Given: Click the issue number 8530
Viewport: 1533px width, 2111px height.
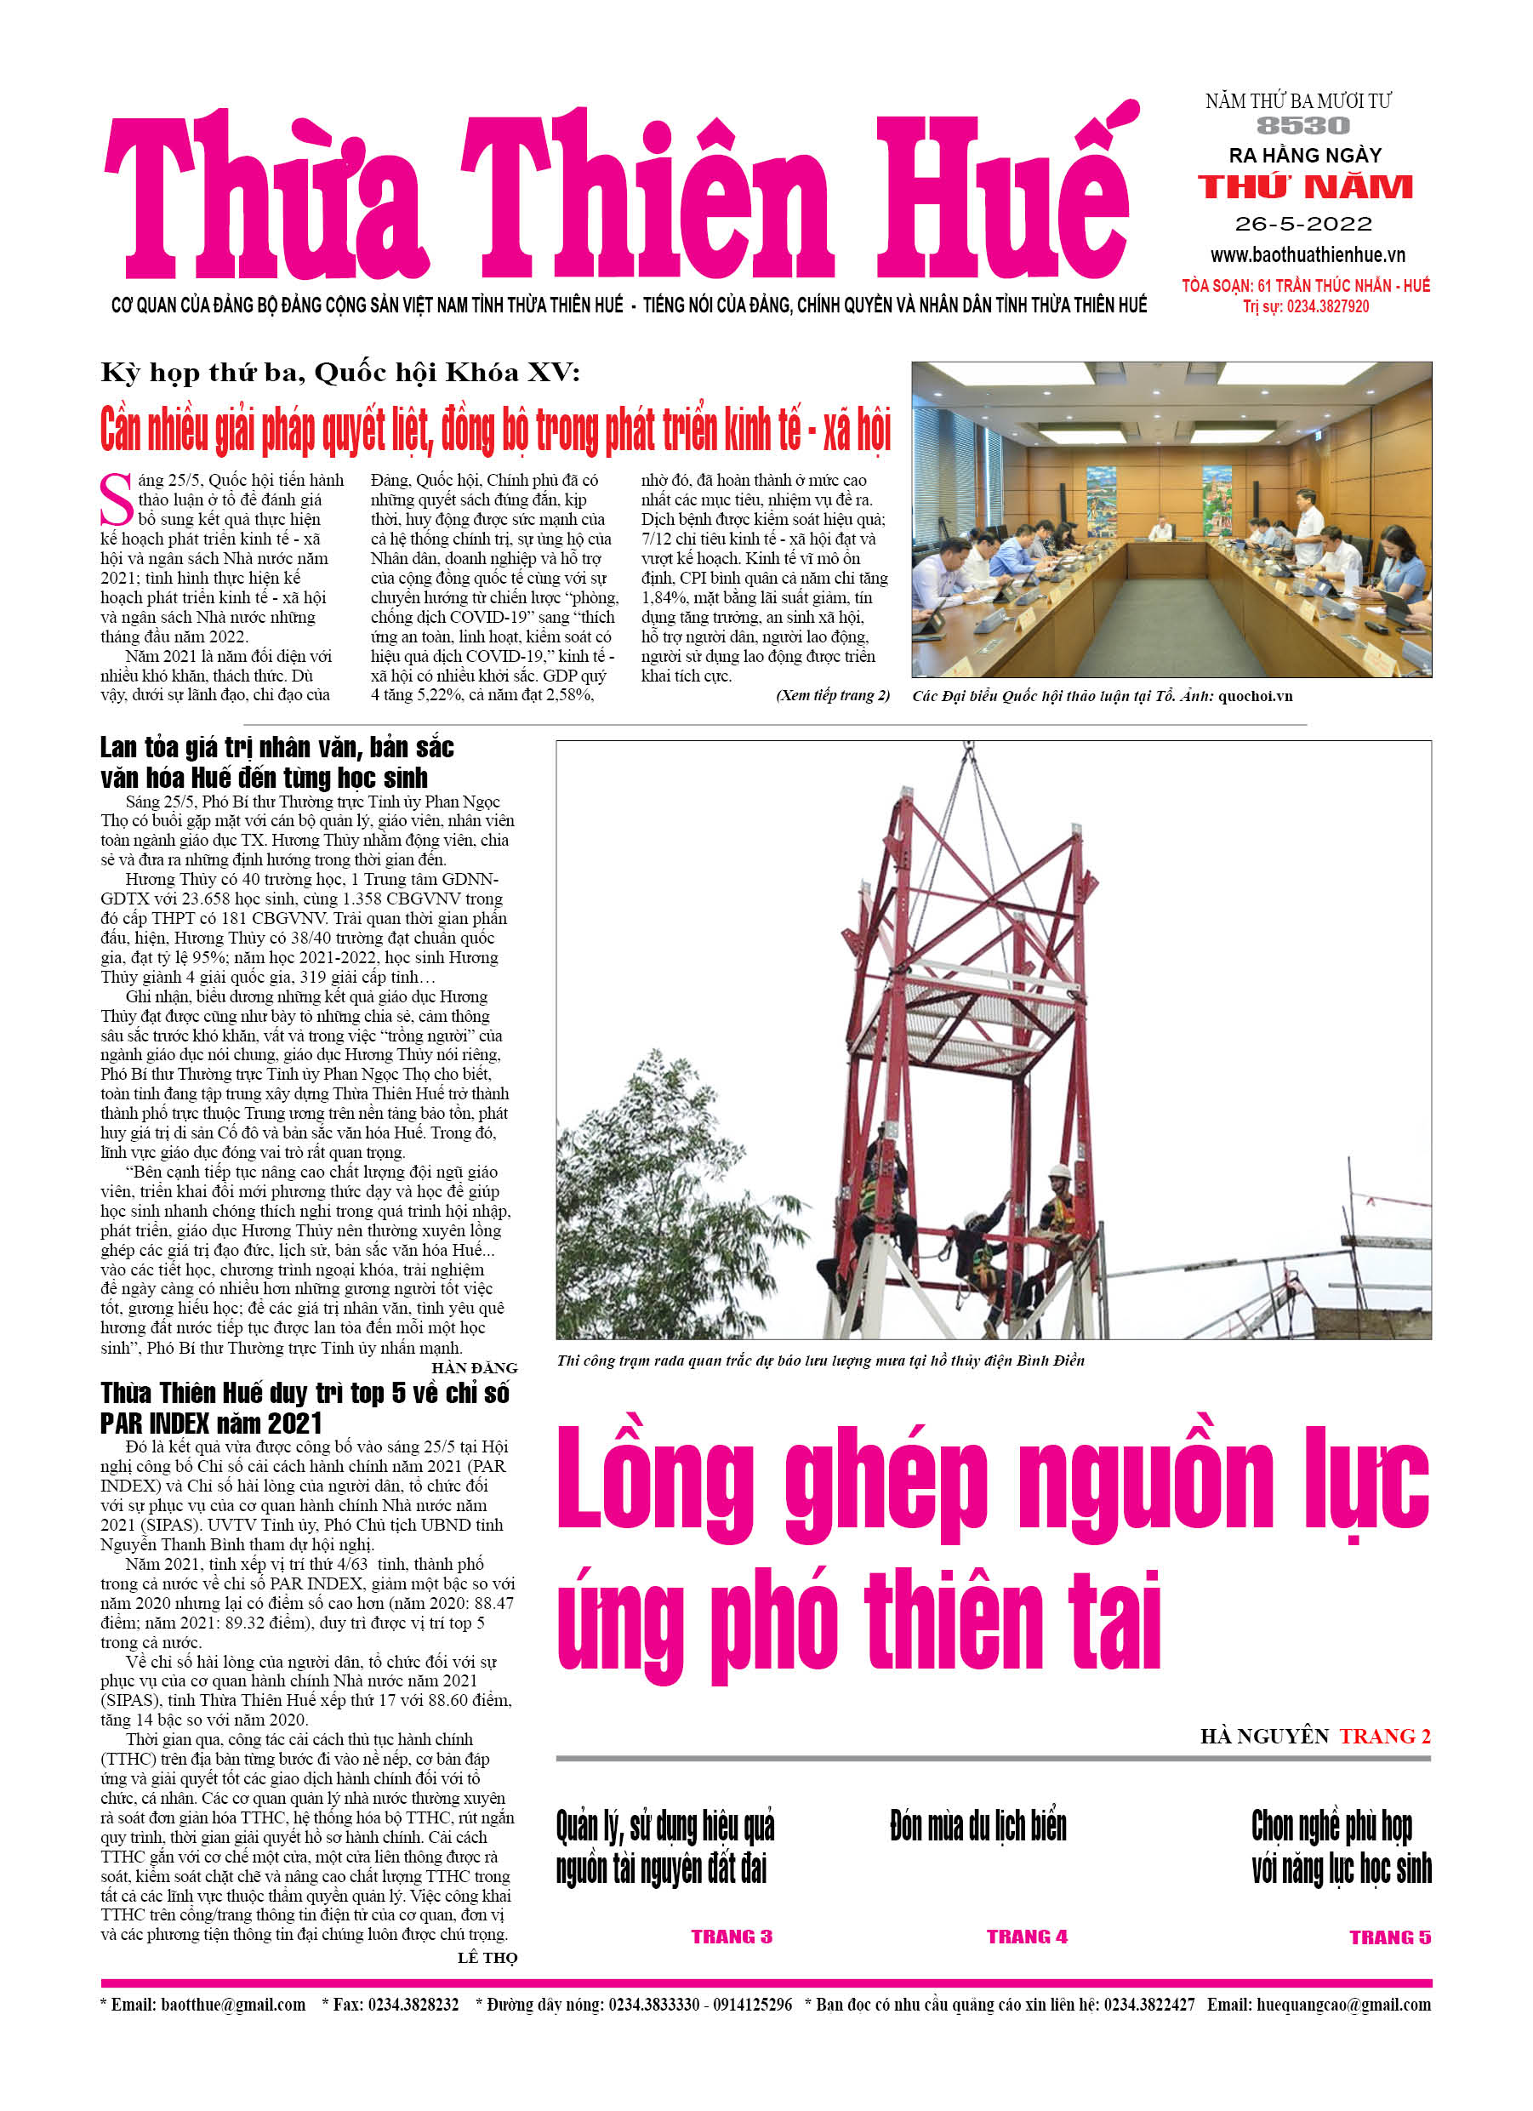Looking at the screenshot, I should point(1302,126).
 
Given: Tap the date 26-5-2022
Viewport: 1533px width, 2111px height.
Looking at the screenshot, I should point(1303,224).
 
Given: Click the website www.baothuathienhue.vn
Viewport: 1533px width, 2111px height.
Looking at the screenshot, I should point(1307,254).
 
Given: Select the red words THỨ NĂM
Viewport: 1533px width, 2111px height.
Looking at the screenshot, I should point(1305,187).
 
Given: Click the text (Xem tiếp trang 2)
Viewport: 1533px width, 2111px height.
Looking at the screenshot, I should point(832,695).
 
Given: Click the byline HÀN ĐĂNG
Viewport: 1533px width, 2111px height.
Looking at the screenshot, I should point(474,1367).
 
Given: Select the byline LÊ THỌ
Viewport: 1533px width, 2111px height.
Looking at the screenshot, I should point(487,1958).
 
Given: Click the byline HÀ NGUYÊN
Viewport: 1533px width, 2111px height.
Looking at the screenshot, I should point(1264,1736).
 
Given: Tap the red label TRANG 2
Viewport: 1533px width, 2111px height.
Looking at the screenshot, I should point(1384,1736).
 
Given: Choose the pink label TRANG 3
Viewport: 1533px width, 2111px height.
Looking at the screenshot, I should point(731,1937).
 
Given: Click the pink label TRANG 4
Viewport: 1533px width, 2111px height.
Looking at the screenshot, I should point(1027,1937).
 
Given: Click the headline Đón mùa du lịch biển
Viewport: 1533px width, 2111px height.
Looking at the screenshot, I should point(977,1826).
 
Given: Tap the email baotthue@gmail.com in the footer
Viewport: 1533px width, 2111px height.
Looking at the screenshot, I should point(233,2004).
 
